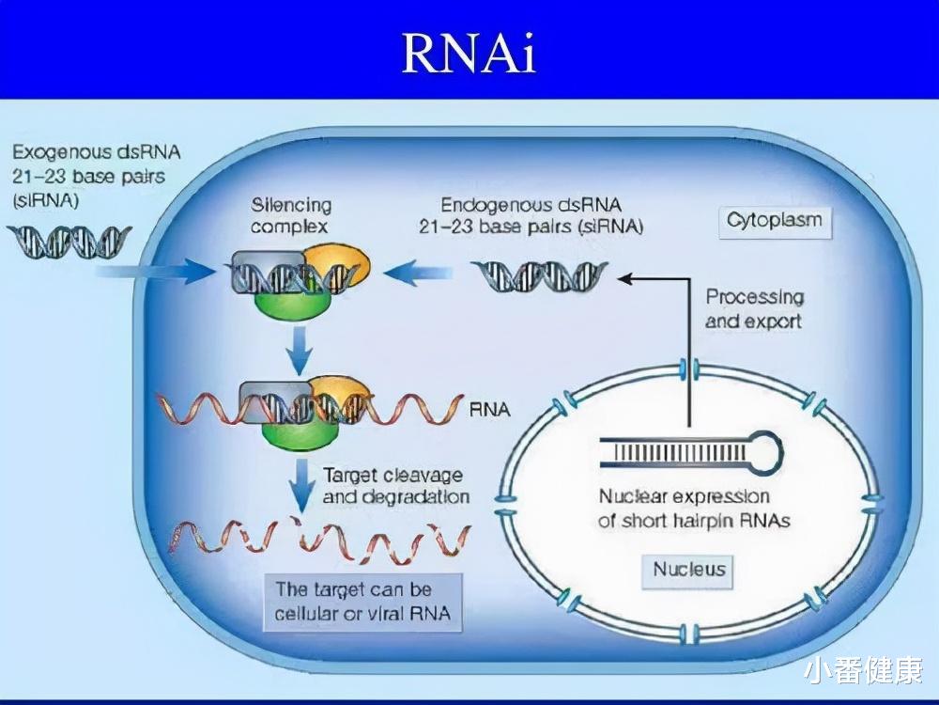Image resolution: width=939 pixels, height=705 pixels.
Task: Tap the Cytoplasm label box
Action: (774, 221)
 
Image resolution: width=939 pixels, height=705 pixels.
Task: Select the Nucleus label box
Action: (689, 569)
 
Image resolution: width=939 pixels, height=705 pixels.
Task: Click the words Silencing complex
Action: (290, 215)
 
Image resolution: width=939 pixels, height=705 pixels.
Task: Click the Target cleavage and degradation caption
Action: (395, 486)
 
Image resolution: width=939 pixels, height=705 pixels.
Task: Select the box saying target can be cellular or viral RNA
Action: (362, 603)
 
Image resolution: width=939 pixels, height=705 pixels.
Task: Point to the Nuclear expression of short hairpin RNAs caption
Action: (684, 509)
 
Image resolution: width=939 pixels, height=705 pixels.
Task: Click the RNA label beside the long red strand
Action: (488, 410)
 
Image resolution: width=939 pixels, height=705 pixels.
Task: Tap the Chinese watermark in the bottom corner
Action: (862, 669)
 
